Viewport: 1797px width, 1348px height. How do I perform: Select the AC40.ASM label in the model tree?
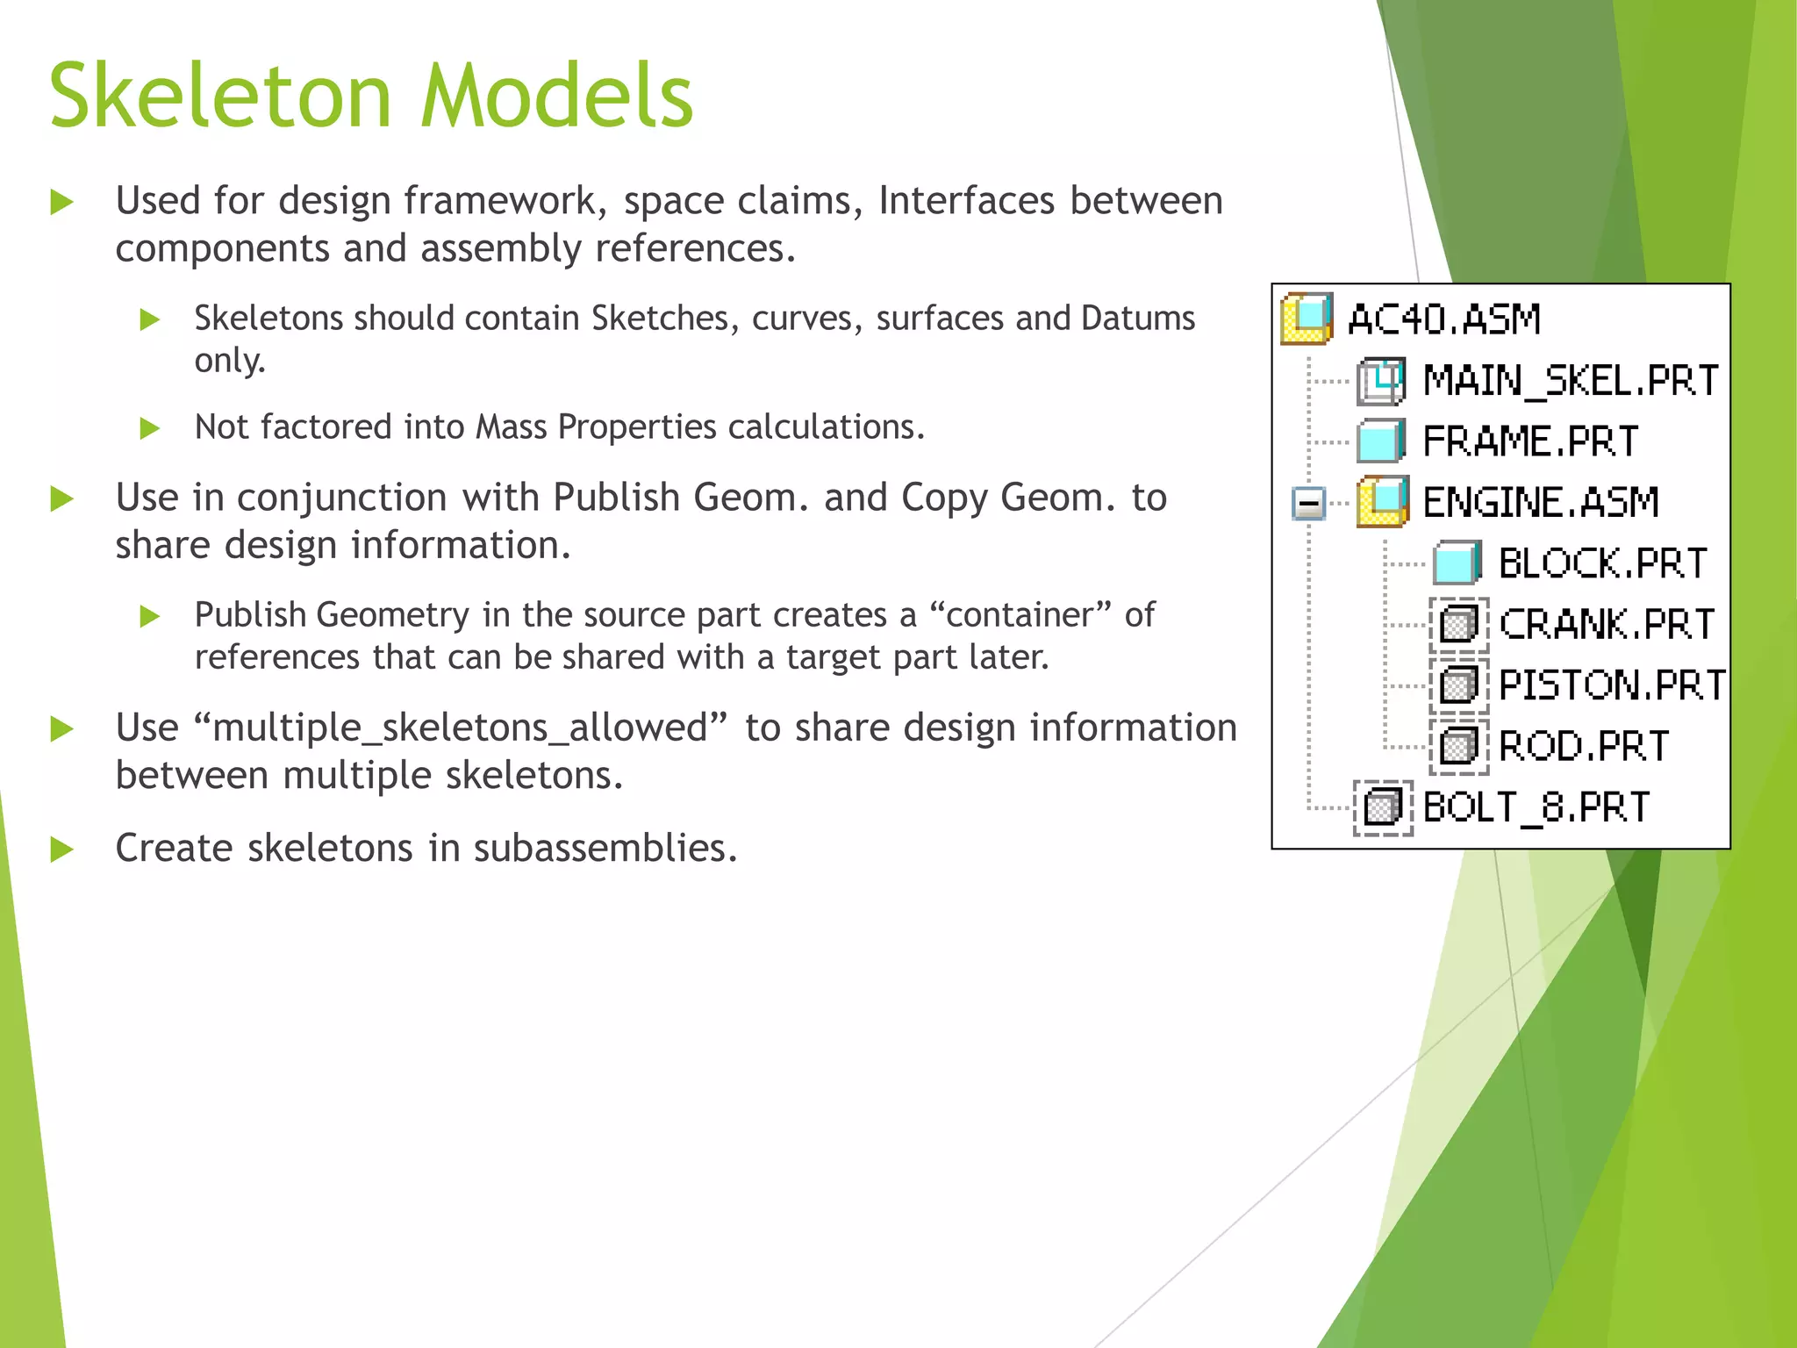[1444, 319]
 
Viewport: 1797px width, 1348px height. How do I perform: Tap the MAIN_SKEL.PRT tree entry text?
[1570, 381]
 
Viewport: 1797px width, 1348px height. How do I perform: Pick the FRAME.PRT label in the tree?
[1530, 441]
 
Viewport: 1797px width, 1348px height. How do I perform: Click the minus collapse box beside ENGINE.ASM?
[1308, 504]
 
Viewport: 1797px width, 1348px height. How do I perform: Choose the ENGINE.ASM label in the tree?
[1541, 503]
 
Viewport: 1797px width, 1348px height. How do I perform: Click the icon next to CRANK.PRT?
[1458, 625]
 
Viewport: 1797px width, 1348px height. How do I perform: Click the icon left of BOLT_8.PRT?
[1383, 807]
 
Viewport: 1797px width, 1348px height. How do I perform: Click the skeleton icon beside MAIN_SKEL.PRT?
[1381, 381]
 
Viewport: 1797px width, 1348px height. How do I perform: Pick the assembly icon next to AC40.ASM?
[1307, 319]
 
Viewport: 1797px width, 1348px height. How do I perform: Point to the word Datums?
[1138, 319]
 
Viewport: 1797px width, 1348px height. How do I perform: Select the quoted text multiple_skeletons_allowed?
[460, 728]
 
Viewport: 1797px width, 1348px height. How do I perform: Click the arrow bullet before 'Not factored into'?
[150, 428]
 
